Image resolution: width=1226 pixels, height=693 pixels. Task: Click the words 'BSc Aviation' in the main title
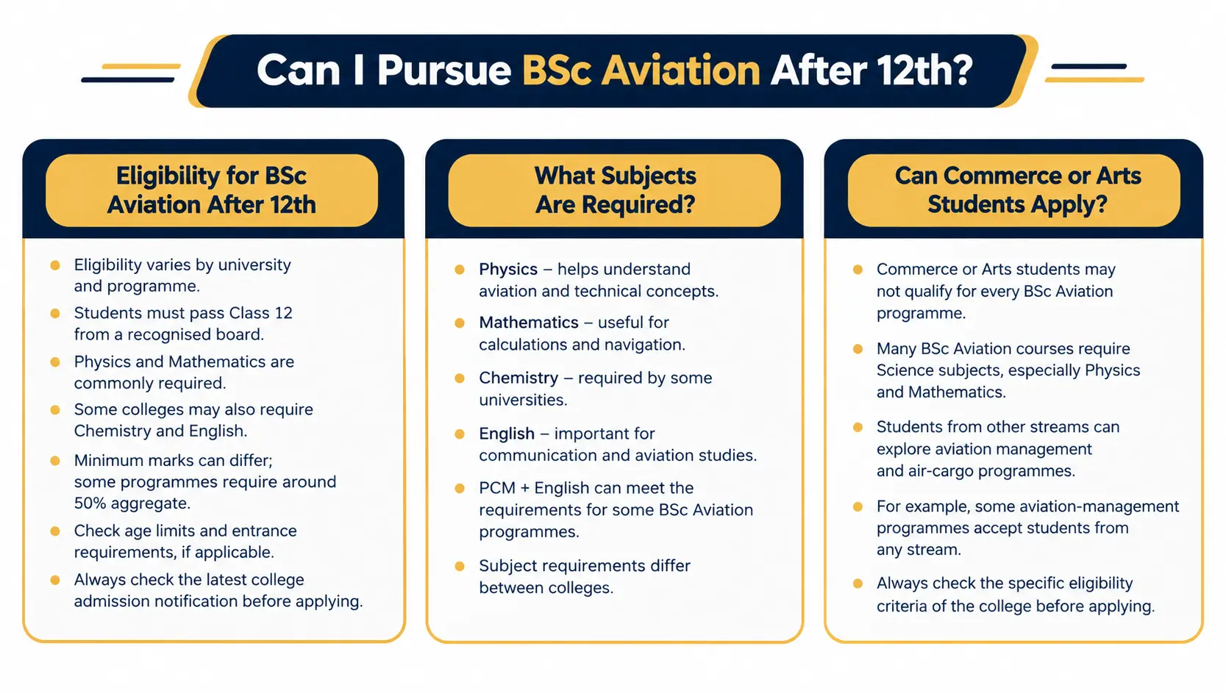[x=641, y=71]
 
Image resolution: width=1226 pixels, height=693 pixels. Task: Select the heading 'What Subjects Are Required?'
[x=615, y=190]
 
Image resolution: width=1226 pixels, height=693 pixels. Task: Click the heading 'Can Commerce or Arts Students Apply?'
[x=1017, y=190]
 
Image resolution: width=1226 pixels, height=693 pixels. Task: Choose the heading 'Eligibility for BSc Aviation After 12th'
[x=211, y=190]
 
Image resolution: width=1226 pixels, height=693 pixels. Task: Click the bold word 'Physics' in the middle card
[x=508, y=269]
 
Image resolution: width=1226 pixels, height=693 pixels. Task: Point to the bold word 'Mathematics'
[x=529, y=323]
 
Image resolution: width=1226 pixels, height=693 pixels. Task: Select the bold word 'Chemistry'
[x=518, y=378]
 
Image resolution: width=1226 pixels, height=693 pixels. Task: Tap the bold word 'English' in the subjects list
[x=506, y=434]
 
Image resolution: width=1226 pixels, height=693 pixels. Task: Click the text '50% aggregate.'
[x=132, y=503]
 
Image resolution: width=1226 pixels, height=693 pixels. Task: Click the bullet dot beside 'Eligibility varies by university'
[x=55, y=265]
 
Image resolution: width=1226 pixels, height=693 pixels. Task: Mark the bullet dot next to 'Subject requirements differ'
[x=460, y=566]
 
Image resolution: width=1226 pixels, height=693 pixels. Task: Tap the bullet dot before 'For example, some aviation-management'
[x=858, y=507]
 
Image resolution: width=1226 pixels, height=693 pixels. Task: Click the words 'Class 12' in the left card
[x=260, y=313]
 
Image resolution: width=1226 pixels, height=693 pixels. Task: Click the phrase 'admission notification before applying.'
[x=218, y=602]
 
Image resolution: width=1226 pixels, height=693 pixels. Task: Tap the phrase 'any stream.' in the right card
[x=919, y=550]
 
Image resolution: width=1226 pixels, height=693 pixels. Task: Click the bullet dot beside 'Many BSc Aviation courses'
[x=858, y=349]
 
